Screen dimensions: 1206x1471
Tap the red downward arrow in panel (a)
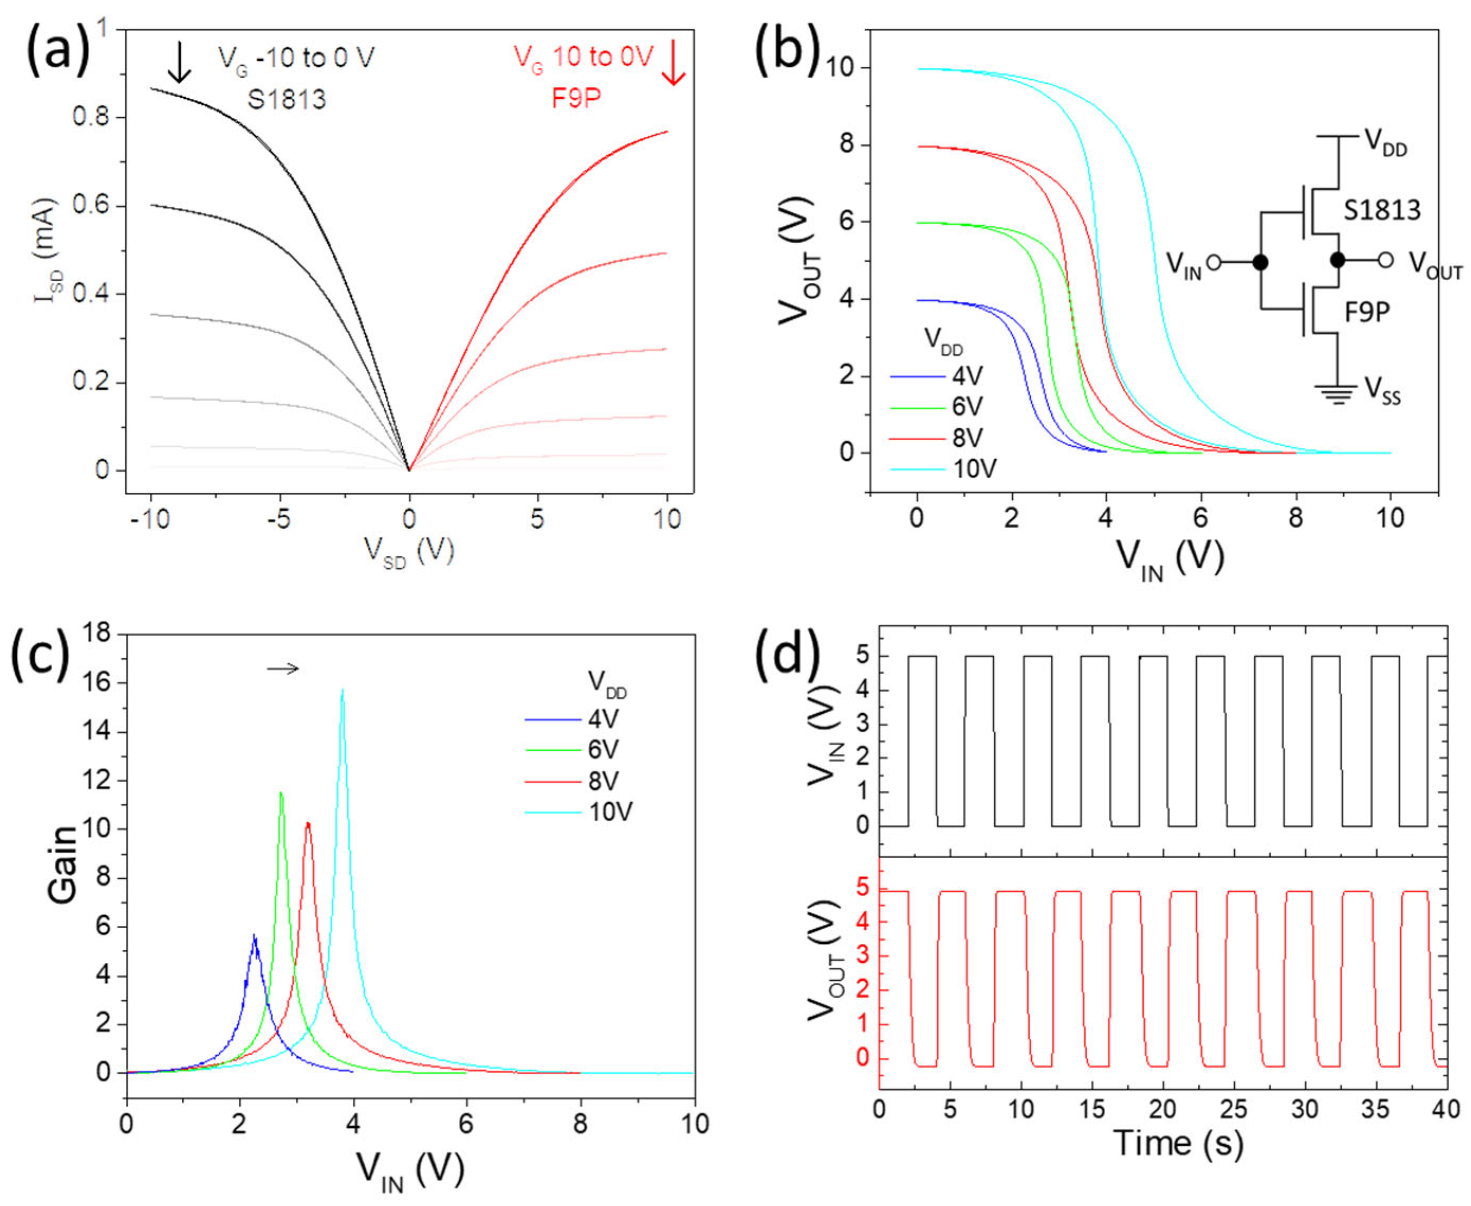(673, 63)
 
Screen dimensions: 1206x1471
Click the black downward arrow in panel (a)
(180, 62)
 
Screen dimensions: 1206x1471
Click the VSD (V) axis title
(409, 553)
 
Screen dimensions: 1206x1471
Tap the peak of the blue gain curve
(254, 936)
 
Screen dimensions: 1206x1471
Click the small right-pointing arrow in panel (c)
(283, 669)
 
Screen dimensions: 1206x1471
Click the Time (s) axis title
(1178, 1143)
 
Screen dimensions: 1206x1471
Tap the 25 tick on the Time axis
(1234, 1109)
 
